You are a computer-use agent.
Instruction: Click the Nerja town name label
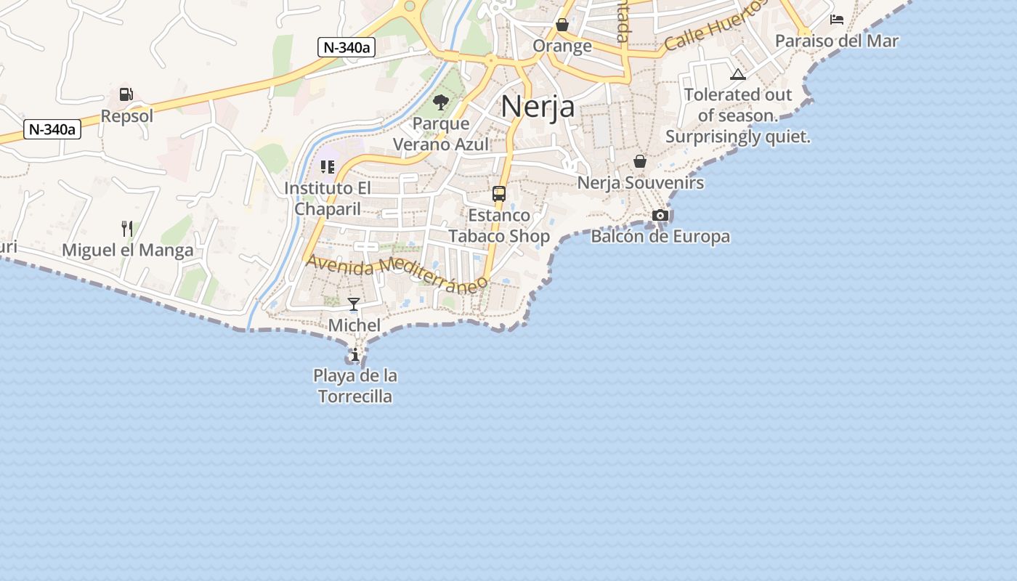[x=538, y=107]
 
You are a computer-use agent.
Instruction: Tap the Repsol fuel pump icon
[x=126, y=94]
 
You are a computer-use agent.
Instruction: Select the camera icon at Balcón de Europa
[x=660, y=215]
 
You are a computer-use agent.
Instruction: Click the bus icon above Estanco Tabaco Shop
[x=499, y=194]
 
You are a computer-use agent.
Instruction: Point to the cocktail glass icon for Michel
[x=354, y=304]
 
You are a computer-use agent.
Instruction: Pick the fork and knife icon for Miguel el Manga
[x=127, y=229]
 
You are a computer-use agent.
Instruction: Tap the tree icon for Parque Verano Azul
[x=440, y=102]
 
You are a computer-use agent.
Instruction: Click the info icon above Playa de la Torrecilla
[x=354, y=355]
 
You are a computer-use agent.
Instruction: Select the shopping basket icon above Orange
[x=562, y=25]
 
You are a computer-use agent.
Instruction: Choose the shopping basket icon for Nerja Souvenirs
[x=640, y=161]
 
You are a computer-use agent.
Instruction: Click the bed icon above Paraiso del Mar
[x=837, y=20]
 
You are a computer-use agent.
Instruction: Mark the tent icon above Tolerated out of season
[x=738, y=74]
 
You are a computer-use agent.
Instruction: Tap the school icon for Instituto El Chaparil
[x=328, y=167]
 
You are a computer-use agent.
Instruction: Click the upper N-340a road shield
[x=347, y=48]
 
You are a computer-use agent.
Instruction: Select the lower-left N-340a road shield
[x=52, y=130]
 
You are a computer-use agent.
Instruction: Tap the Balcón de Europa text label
[x=660, y=237]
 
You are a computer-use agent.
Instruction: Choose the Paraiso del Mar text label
[x=837, y=41]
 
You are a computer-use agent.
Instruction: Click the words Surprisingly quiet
[x=737, y=137]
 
